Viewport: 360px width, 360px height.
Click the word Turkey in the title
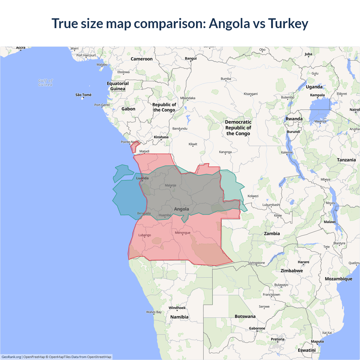pyautogui.click(x=288, y=24)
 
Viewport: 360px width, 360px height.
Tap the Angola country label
pyautogui.click(x=181, y=209)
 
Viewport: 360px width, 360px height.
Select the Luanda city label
pyautogui.click(x=142, y=178)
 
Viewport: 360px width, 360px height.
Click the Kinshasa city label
pyautogui.click(x=161, y=137)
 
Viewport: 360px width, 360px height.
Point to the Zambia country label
pyautogui.click(x=272, y=233)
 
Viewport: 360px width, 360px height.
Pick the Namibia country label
pyautogui.click(x=179, y=317)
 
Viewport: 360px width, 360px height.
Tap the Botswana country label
pyautogui.click(x=245, y=316)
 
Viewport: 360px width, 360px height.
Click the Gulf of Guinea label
pyautogui.click(x=45, y=82)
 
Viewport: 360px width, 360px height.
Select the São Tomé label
pyautogui.click(x=83, y=95)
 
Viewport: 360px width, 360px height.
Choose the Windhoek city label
pyautogui.click(x=177, y=308)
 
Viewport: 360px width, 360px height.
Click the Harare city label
pyautogui.click(x=303, y=262)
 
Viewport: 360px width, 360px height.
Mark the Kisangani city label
pyautogui.click(x=251, y=94)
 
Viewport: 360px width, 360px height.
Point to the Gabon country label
pyautogui.click(x=128, y=109)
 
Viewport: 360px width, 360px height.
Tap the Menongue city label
pyautogui.click(x=183, y=233)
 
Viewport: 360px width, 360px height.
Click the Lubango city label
pyautogui.click(x=145, y=235)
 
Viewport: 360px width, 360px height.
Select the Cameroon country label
pyautogui.click(x=141, y=59)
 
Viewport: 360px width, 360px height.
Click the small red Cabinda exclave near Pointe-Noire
pyautogui.click(x=134, y=147)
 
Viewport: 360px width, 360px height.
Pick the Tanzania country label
pyautogui.click(x=346, y=160)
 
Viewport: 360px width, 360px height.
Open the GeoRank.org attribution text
pyautogui.click(x=11, y=357)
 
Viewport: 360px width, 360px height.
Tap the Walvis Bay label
pyautogui.click(x=154, y=312)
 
